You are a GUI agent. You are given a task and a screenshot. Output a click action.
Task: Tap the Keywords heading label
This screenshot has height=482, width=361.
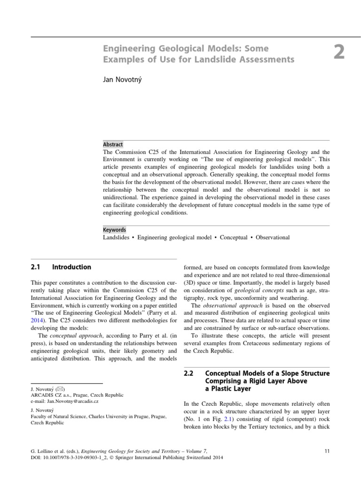(115, 230)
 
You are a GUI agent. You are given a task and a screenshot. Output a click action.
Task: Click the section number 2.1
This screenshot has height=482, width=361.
(36, 267)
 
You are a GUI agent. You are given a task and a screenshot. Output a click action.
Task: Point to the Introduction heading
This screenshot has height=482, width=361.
(71, 267)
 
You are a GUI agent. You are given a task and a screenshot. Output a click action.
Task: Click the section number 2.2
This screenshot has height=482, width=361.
(188, 373)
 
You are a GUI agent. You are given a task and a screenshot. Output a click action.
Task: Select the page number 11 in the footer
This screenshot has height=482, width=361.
(328, 451)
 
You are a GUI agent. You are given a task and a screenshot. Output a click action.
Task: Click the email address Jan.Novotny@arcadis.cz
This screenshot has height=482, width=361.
(72, 402)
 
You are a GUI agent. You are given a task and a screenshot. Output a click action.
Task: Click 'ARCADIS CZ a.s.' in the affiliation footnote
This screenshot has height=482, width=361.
(49, 395)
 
